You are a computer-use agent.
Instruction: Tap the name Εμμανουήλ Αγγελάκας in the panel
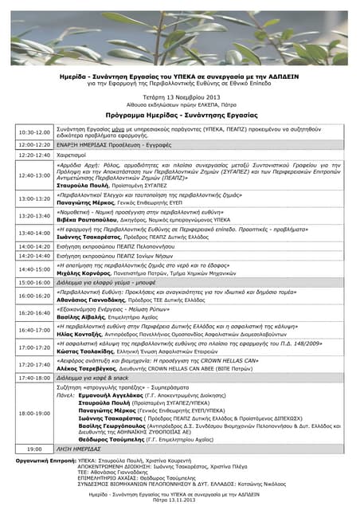point(110,396)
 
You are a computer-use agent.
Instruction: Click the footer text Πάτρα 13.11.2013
point(180,504)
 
